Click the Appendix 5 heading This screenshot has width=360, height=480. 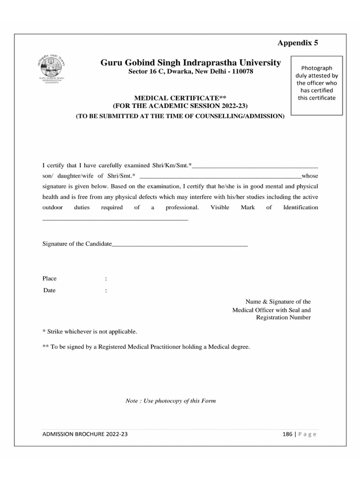pos(298,43)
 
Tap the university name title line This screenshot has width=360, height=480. pos(190,63)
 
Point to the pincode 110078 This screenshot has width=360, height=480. pos(240,72)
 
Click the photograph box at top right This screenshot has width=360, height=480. pos(316,84)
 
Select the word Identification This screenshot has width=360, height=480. pos(300,207)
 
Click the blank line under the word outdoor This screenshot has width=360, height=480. pos(115,219)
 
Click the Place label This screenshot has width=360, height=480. pos(50,278)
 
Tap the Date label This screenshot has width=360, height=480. pos(50,290)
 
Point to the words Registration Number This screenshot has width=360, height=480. pos(283,318)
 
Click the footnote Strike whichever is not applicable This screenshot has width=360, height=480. pos(90,331)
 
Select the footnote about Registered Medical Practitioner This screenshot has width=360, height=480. pos(146,347)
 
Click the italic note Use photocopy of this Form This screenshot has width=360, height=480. pos(171,401)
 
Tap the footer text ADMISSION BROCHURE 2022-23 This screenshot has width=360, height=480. pos(85,434)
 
